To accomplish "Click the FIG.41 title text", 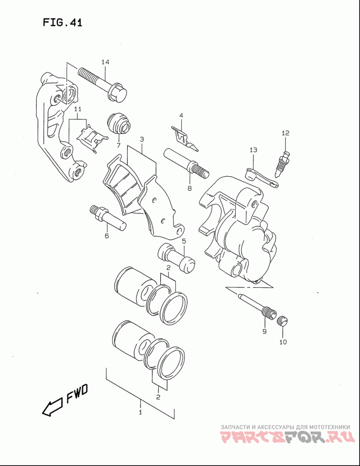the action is (x=63, y=22).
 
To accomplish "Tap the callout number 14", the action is (x=105, y=62).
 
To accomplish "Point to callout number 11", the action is (x=77, y=109).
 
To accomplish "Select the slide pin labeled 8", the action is (x=186, y=164).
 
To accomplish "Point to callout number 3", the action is (x=142, y=139).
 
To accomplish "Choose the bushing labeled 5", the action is (x=176, y=258).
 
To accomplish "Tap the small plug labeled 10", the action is (x=283, y=321).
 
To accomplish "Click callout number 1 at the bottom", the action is (x=140, y=412).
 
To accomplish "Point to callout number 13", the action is (x=253, y=150).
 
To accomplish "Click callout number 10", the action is (x=283, y=342).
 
